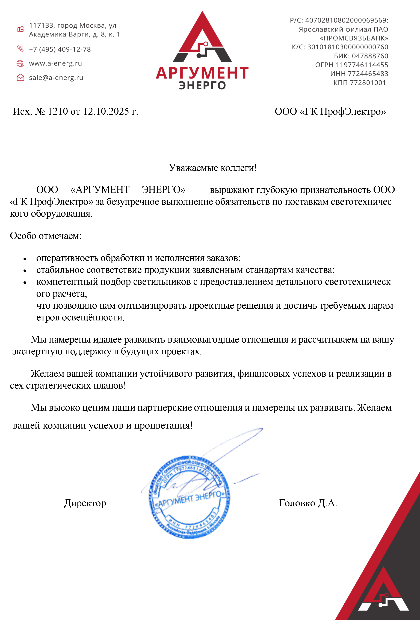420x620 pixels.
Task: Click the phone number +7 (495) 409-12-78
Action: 60,49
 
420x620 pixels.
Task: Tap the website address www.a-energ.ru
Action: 55,64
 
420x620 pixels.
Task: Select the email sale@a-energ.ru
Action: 56,78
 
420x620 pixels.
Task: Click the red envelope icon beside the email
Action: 20,78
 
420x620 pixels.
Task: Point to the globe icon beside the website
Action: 20,64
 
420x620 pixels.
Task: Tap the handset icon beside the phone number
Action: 20,49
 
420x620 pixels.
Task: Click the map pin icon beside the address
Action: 20,29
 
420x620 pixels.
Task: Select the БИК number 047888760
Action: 370,56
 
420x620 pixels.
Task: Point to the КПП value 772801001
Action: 368,83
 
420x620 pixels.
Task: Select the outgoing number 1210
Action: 58,111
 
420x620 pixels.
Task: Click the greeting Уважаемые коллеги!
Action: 213,168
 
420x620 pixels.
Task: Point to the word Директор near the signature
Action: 85,503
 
